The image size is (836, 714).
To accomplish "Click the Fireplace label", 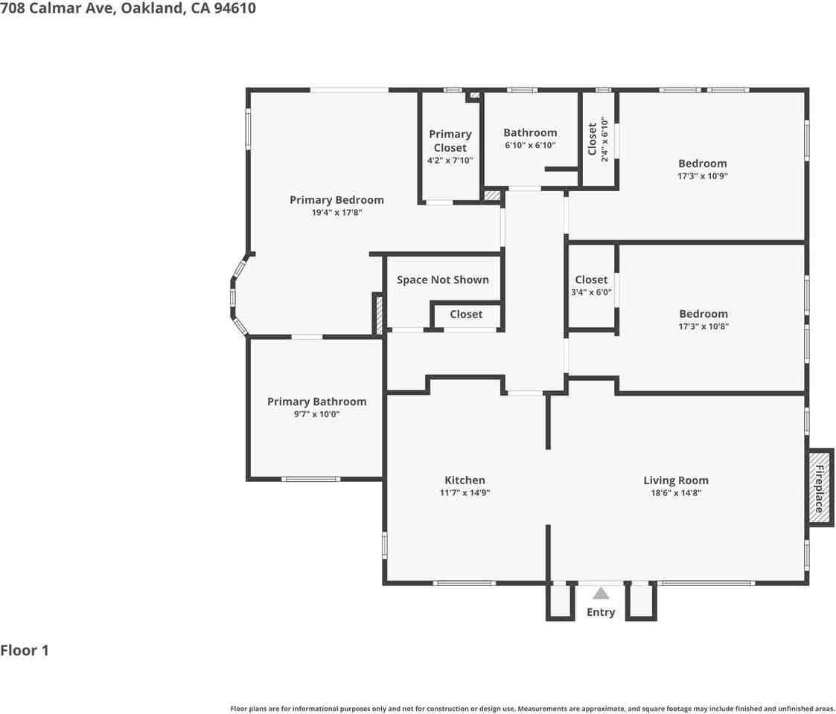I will click(x=819, y=488).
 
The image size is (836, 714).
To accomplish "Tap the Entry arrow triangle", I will click(x=601, y=593).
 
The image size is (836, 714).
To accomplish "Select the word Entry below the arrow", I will click(x=601, y=612).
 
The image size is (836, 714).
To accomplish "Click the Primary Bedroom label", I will click(x=336, y=199).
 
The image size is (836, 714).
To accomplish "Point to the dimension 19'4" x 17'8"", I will click(x=336, y=213).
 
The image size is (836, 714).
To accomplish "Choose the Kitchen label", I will click(x=465, y=480).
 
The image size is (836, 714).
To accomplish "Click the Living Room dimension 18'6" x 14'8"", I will click(x=676, y=492).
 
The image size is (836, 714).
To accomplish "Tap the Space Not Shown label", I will click(x=442, y=280).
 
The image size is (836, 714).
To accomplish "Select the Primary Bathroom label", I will click(x=316, y=402).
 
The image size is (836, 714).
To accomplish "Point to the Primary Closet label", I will click(x=450, y=141).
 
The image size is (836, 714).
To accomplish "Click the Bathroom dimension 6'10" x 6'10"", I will click(x=530, y=146).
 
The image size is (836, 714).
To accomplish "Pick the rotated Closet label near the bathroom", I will click(x=593, y=139).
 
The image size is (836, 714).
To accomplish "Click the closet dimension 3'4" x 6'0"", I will click(x=591, y=292).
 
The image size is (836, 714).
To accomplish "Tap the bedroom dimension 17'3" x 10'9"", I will click(x=702, y=176).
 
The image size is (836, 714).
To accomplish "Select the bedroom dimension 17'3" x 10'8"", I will click(x=703, y=326).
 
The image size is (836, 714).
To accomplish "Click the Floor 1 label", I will click(x=25, y=651).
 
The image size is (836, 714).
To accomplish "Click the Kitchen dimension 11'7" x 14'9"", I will click(x=465, y=492).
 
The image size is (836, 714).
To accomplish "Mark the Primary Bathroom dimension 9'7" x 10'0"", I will click(x=316, y=414).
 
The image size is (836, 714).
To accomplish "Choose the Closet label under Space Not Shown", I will click(x=466, y=314).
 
